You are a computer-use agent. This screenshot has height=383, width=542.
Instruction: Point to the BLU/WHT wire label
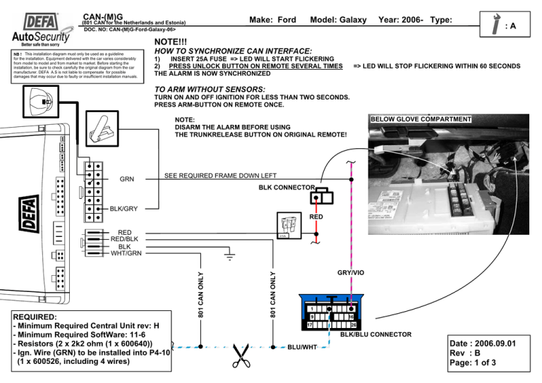(303, 348)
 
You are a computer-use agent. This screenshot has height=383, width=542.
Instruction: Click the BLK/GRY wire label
(124, 209)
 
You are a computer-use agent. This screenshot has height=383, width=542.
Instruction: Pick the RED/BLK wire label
(124, 240)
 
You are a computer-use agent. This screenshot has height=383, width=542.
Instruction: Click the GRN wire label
(127, 179)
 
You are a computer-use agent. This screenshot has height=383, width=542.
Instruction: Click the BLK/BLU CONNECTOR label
(381, 334)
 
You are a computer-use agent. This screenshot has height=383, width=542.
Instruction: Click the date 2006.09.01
(494, 344)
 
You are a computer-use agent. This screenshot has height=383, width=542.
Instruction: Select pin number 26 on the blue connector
(354, 324)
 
